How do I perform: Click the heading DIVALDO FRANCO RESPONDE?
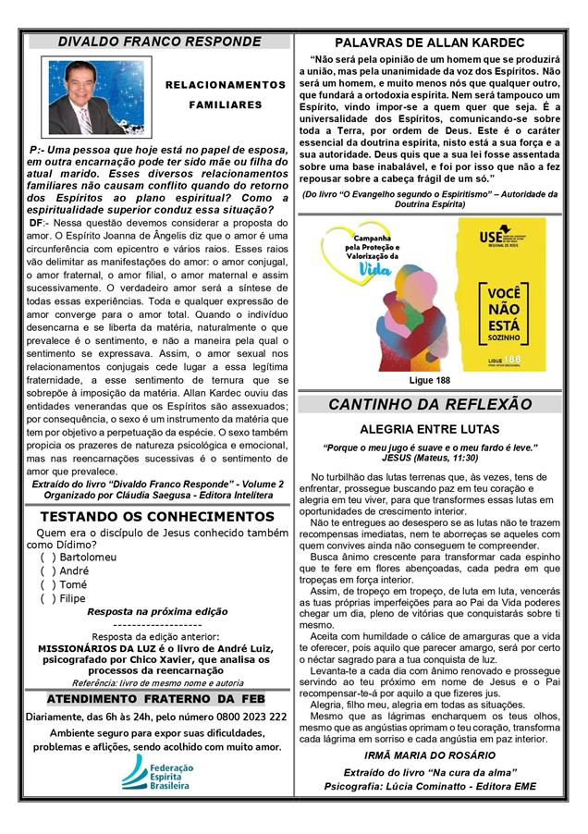(x=159, y=42)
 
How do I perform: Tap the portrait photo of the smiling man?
(x=88, y=97)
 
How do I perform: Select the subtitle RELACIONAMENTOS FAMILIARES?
(x=226, y=94)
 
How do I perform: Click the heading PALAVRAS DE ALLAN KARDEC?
(x=429, y=43)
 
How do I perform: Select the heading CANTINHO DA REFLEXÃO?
(x=430, y=404)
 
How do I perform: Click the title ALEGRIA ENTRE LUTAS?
(x=430, y=429)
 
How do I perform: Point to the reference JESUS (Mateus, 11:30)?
(x=430, y=458)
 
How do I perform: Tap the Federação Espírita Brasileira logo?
(x=157, y=772)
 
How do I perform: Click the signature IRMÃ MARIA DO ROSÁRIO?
(x=430, y=755)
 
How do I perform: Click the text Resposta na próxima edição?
(x=156, y=612)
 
